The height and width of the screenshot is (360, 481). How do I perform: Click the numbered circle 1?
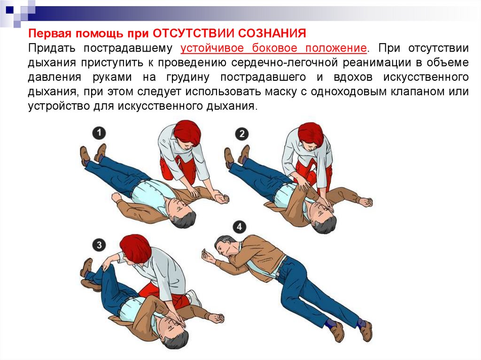point(99,133)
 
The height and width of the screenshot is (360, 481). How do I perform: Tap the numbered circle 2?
point(242,134)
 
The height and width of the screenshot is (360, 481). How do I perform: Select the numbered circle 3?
point(99,245)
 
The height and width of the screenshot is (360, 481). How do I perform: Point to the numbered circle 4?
point(239,227)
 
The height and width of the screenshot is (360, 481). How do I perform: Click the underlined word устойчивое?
point(212,48)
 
